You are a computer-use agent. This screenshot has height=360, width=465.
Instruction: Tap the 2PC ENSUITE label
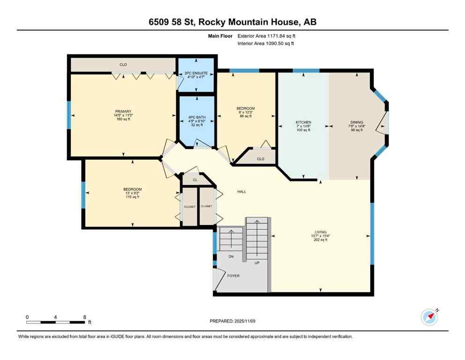tap(196, 73)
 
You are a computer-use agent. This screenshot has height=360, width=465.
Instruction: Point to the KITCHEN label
tap(303, 122)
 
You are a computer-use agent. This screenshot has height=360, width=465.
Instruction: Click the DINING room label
tap(356, 122)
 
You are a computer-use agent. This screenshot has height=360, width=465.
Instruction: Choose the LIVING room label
tap(320, 232)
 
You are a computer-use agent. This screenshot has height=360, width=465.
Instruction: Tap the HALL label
tap(241, 191)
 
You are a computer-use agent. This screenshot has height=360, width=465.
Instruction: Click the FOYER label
tap(233, 276)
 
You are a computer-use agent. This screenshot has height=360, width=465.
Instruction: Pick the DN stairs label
tap(231, 256)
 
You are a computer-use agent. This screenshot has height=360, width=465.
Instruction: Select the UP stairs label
tap(257, 263)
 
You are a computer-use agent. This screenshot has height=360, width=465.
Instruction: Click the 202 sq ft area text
tap(320, 240)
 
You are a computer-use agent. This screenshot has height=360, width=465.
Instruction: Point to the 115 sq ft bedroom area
tap(132, 197)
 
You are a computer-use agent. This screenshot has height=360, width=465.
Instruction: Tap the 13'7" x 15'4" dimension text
tap(320, 236)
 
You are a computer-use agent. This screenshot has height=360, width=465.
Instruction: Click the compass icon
tap(429, 317)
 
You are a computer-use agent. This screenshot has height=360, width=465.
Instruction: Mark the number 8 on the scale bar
tap(84, 317)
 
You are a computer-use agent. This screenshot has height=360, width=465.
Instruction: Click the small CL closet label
tap(195, 179)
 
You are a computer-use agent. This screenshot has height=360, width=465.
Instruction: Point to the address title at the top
tap(232, 22)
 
